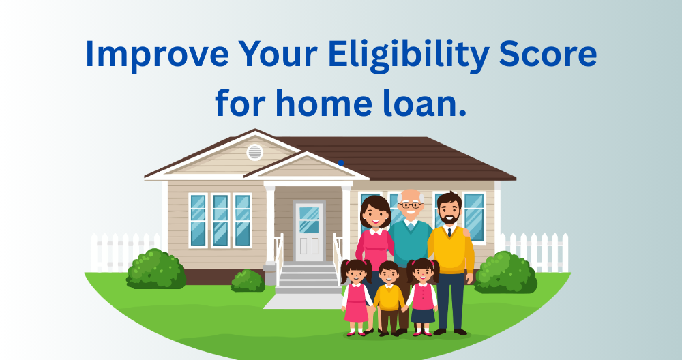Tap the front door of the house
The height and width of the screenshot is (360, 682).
tap(309, 231)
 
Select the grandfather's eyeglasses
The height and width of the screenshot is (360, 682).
tap(411, 205)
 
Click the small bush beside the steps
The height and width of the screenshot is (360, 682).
tap(248, 281)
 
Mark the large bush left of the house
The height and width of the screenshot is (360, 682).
tap(156, 269)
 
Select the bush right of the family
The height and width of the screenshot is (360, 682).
tap(505, 272)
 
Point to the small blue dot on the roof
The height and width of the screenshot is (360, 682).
tap(340, 162)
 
